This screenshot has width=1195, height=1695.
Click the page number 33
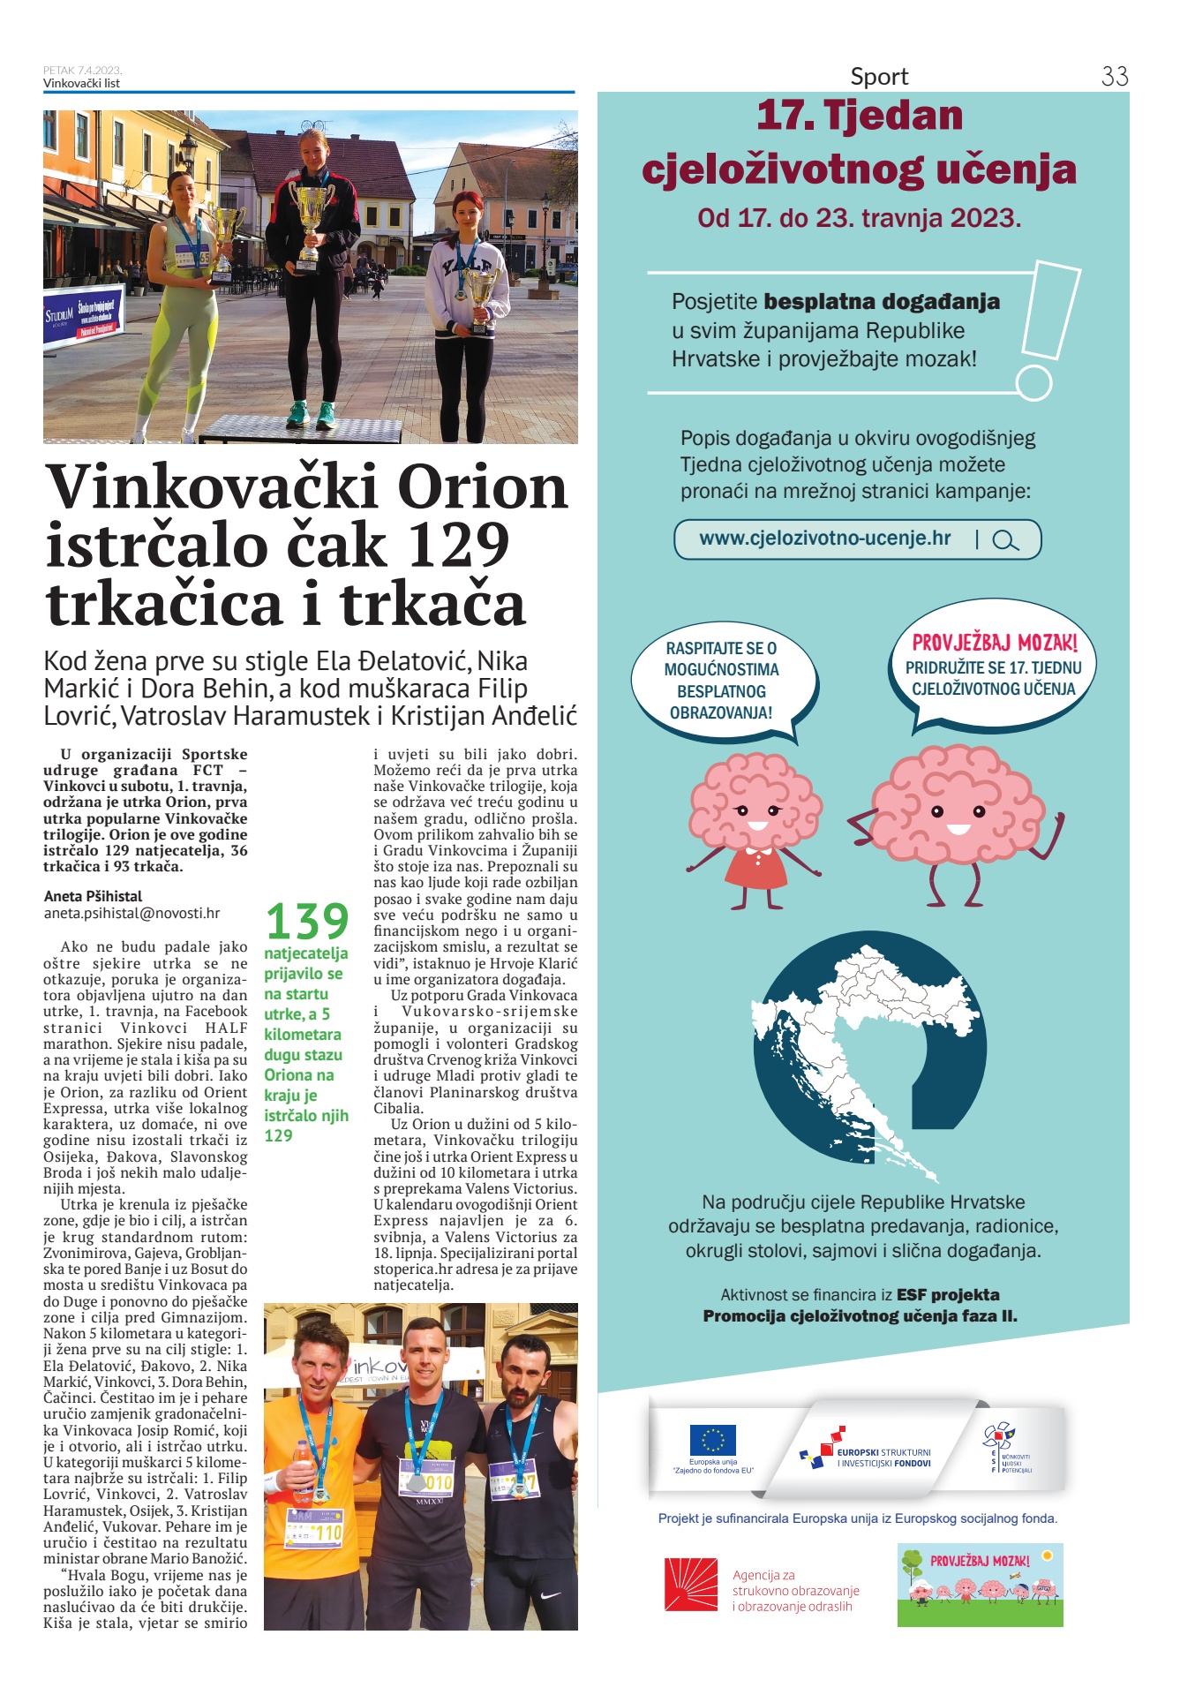pos(1114,76)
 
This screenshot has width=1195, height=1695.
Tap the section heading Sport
pos(879,77)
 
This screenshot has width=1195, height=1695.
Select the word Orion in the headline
pos(482,487)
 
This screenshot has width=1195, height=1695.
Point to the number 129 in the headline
pos(458,546)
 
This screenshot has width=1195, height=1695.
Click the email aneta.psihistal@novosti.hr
pos(132,914)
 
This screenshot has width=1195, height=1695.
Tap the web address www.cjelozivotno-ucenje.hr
pos(824,539)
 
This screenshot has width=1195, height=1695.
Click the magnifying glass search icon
pos(1004,540)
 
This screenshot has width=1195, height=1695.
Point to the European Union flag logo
pos(712,1440)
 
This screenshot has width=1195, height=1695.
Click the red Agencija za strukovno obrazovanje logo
pos(690,1585)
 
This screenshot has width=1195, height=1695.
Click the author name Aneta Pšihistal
pos(93,896)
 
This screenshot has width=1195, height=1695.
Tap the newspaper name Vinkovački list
pos(81,83)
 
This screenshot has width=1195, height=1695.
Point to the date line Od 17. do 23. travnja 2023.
pos(859,218)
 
